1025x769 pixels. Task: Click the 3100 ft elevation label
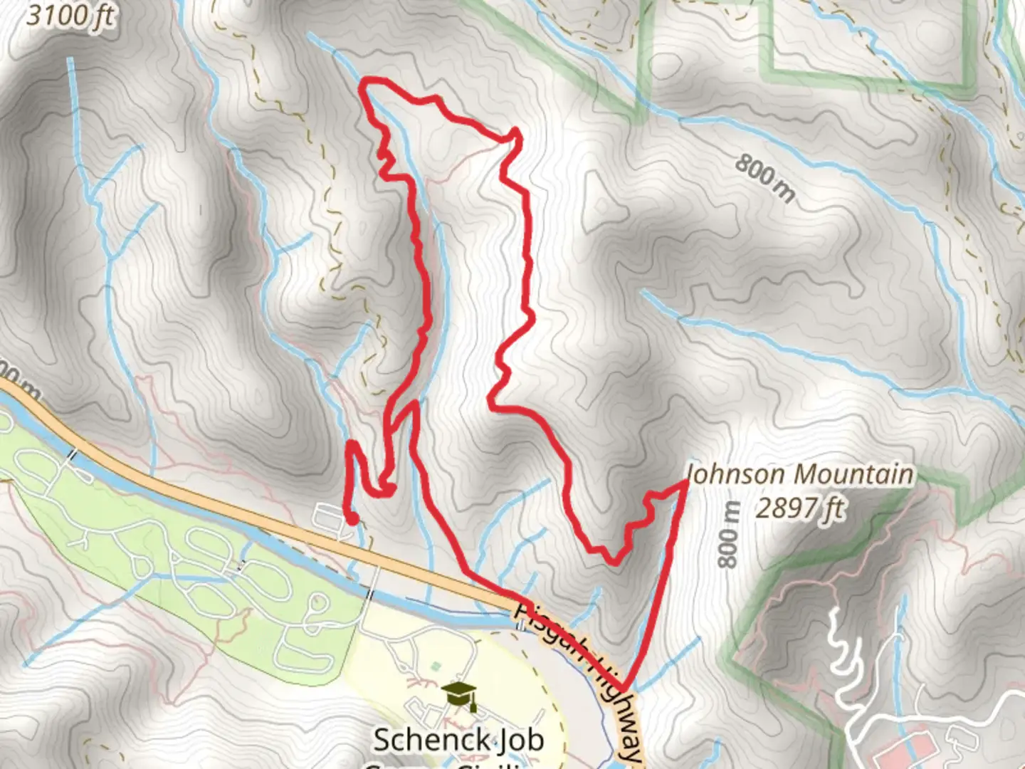70,15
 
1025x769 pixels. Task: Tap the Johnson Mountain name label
799,474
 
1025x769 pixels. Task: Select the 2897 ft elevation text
800,508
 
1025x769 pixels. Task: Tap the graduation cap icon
459,696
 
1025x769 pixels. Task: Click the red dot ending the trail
351,520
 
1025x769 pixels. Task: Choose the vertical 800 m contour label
727,534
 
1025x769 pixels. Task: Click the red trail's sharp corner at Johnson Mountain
685,483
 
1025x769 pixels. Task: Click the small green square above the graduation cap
436,667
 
